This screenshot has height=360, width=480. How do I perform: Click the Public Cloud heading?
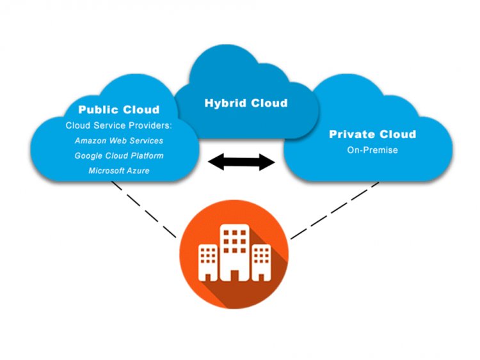(119, 109)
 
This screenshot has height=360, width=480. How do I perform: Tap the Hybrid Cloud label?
(246, 103)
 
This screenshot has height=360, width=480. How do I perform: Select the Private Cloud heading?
(372, 134)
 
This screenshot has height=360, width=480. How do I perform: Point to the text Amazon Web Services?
(119, 141)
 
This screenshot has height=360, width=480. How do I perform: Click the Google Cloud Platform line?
(119, 155)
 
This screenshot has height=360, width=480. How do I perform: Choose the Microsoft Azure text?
(119, 171)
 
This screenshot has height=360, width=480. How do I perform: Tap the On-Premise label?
(372, 150)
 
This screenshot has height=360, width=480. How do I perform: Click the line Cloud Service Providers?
(119, 125)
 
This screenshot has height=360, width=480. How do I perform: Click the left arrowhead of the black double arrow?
(216, 162)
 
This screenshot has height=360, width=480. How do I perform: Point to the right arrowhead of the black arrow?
(267, 162)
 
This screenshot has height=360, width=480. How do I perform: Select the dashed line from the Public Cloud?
(143, 210)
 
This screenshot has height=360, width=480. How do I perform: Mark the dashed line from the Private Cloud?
(334, 210)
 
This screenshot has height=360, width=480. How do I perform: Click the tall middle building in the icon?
(234, 253)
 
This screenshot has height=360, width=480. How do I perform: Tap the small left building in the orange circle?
(208, 262)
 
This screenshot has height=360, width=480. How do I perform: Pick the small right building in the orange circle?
(261, 262)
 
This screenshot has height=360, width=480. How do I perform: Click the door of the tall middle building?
(234, 276)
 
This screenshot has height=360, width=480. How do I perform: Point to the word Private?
(352, 134)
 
